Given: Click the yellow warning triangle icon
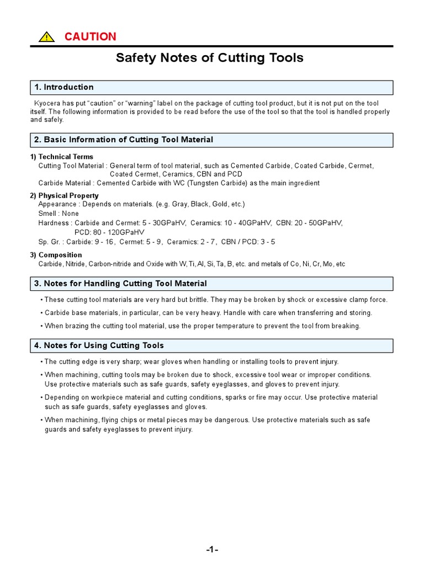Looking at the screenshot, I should click(x=46, y=38).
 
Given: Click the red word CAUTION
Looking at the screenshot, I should click(x=90, y=37).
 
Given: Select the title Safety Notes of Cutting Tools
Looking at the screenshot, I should click(x=209, y=58).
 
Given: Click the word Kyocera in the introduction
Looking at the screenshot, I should click(x=48, y=104).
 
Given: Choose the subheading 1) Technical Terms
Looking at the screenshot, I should click(x=62, y=157).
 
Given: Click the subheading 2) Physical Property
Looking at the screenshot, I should click(x=65, y=196).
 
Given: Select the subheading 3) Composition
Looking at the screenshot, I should click(x=56, y=255).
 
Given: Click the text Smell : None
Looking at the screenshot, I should click(x=59, y=214).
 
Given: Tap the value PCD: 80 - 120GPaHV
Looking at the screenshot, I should click(x=109, y=232).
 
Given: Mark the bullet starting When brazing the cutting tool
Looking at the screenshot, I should click(x=202, y=326).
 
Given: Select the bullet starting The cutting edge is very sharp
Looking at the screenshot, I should click(x=190, y=362).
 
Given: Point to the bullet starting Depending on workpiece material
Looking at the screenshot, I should click(x=210, y=397).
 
